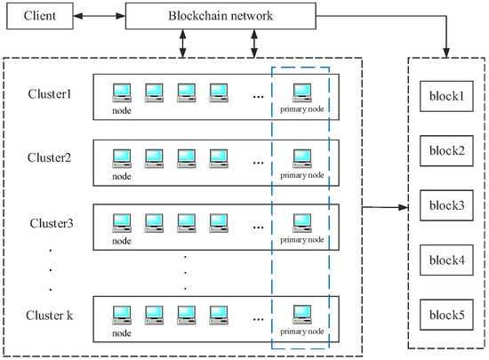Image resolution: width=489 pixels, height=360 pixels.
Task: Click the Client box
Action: click(40, 16)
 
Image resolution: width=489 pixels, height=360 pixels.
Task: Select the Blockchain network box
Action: click(220, 16)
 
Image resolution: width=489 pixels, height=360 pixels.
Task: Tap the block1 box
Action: click(446, 96)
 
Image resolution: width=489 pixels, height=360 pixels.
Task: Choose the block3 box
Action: click(446, 205)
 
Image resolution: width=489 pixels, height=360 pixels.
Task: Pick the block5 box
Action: click(446, 315)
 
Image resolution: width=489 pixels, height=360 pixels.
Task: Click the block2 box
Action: click(446, 151)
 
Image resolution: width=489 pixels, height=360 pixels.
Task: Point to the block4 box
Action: click(446, 260)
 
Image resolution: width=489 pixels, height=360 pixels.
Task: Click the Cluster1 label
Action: click(50, 94)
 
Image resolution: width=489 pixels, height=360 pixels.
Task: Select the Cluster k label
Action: click(49, 316)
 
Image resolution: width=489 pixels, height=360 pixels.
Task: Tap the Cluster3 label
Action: click(52, 223)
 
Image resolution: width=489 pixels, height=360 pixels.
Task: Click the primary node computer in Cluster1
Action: click(302, 92)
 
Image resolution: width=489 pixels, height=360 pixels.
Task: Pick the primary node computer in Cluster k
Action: click(302, 315)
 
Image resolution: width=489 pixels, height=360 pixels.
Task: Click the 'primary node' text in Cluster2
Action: click(302, 175)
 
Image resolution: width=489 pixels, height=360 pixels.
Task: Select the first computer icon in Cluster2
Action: click(122, 158)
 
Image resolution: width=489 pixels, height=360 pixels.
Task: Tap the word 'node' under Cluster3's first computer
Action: click(122, 241)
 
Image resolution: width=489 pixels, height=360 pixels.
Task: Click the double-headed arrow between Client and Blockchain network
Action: click(100, 16)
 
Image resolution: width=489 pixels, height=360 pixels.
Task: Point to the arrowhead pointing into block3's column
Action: click(404, 207)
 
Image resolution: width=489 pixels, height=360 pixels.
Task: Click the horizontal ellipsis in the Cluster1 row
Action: click(258, 97)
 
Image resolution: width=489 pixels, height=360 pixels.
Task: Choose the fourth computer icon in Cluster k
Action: click(219, 316)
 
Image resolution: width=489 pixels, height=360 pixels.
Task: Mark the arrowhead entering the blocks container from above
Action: click(446, 52)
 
